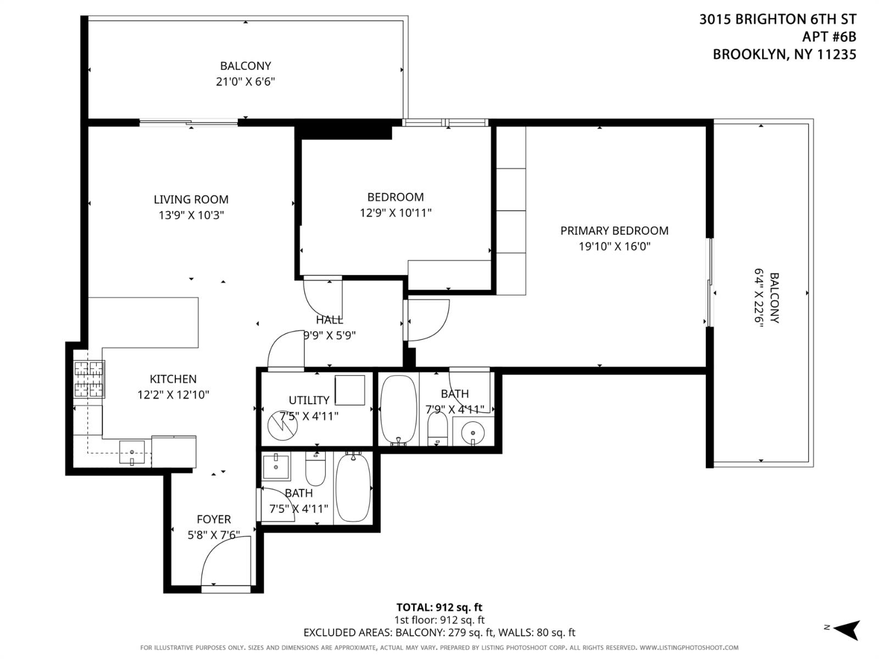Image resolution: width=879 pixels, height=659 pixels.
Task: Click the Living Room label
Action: pos(191,199)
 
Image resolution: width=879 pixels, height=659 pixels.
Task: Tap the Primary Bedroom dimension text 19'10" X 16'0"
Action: pos(614,247)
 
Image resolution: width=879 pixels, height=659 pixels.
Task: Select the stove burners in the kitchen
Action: pos(89,379)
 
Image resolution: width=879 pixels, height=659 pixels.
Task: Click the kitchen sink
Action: pos(132,452)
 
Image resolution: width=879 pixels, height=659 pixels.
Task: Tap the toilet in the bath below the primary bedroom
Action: pos(437,429)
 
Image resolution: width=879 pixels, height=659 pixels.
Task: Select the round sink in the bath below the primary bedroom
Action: pos(472,433)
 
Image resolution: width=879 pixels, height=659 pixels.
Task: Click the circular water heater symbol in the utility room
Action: pos(282,426)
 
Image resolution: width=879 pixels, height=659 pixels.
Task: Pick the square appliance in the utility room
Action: pos(349,390)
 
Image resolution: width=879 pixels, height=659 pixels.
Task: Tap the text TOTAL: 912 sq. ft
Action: pos(439,607)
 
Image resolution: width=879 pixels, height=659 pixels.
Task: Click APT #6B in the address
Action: pos(828,37)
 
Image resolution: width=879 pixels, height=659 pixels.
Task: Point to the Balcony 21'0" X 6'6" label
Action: pos(245,74)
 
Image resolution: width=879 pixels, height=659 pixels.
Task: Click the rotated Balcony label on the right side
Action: pos(767,298)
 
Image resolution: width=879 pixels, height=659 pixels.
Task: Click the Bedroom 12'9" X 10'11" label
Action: pos(396,205)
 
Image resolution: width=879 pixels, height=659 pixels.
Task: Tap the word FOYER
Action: pos(214,519)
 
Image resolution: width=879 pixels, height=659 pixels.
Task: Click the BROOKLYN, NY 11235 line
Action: pos(784,54)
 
